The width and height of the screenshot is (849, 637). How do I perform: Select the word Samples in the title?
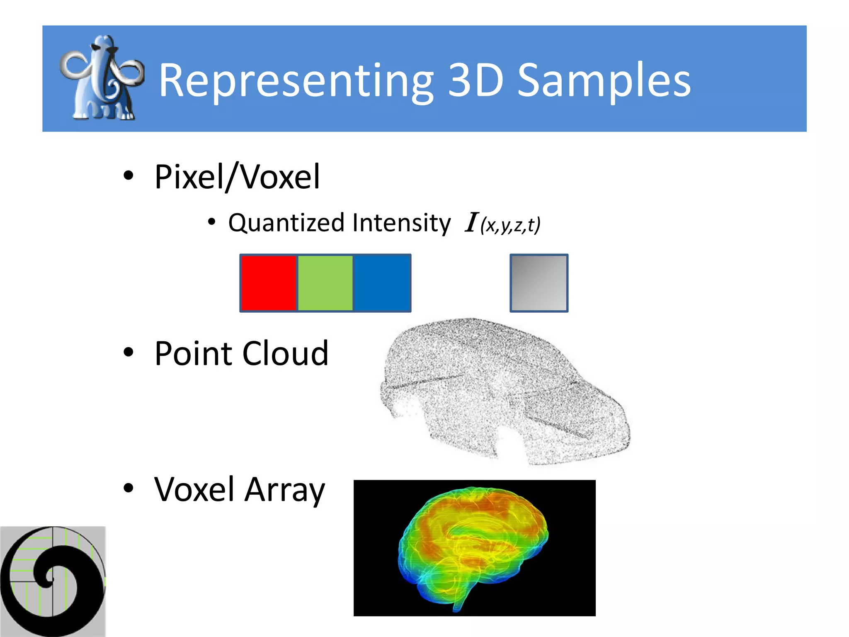604,81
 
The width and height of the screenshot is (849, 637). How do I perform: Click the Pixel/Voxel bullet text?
237,177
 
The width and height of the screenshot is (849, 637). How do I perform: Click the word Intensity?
401,223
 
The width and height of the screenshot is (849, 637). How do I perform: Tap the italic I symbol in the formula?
471,223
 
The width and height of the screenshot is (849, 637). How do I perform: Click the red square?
269,283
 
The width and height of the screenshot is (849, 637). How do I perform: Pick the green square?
325,283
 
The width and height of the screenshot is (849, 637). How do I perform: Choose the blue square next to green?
381,283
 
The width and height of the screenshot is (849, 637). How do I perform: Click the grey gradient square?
539,283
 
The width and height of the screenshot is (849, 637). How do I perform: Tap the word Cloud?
285,354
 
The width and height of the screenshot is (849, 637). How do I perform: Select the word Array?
284,490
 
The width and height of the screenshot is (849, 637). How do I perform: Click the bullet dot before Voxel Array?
129,488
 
